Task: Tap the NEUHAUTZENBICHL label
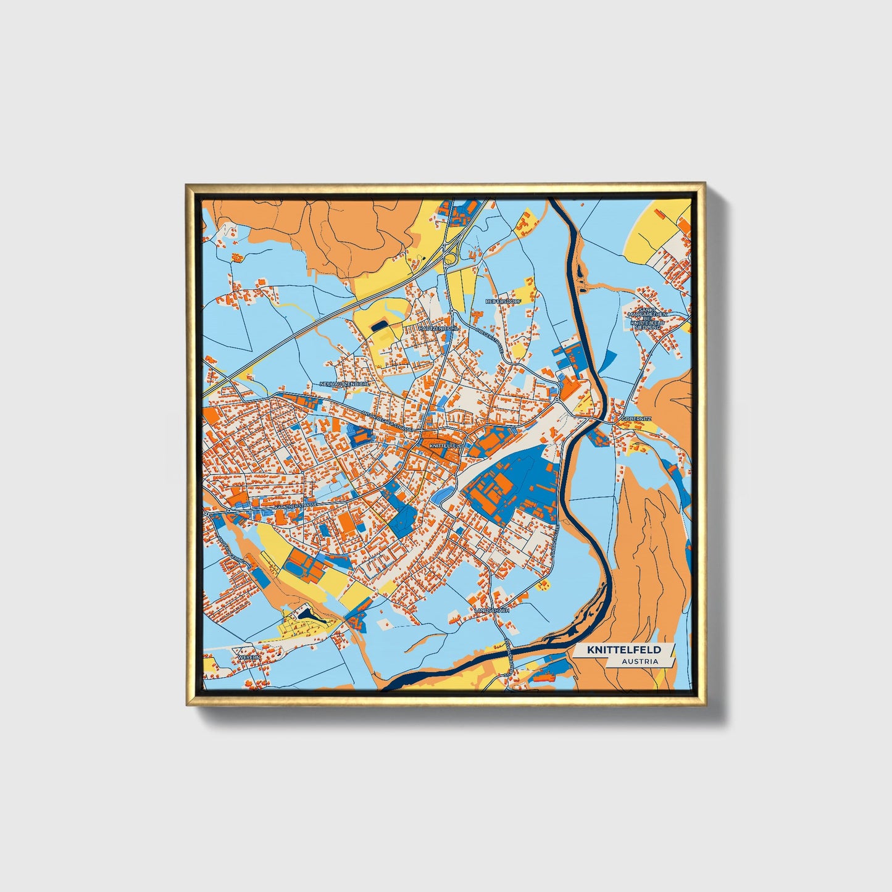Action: coord(345,384)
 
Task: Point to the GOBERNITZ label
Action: coord(636,418)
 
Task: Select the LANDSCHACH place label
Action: coord(491,610)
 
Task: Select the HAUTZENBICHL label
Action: coord(439,329)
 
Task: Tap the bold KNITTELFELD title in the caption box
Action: coord(624,650)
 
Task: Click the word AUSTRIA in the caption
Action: coord(640,662)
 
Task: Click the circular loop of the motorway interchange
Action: coord(451,259)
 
